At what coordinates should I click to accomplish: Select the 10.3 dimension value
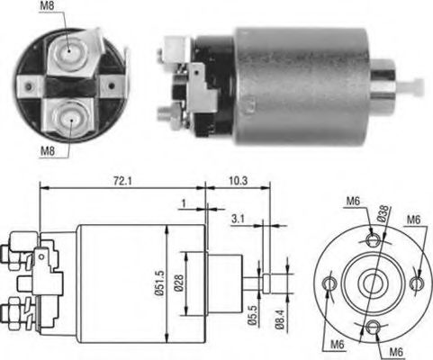click(239, 182)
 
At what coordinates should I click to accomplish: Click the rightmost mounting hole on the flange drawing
click(415, 283)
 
